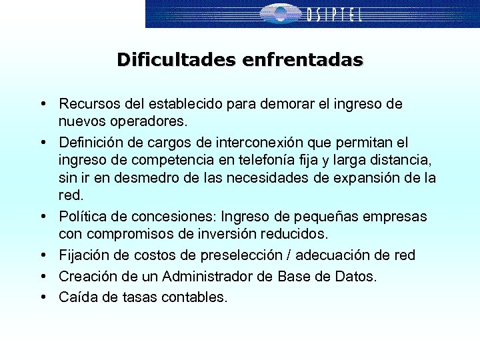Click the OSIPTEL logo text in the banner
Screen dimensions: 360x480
click(x=335, y=14)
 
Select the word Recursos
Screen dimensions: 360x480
click(x=86, y=104)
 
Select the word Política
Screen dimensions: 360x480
click(x=79, y=217)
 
